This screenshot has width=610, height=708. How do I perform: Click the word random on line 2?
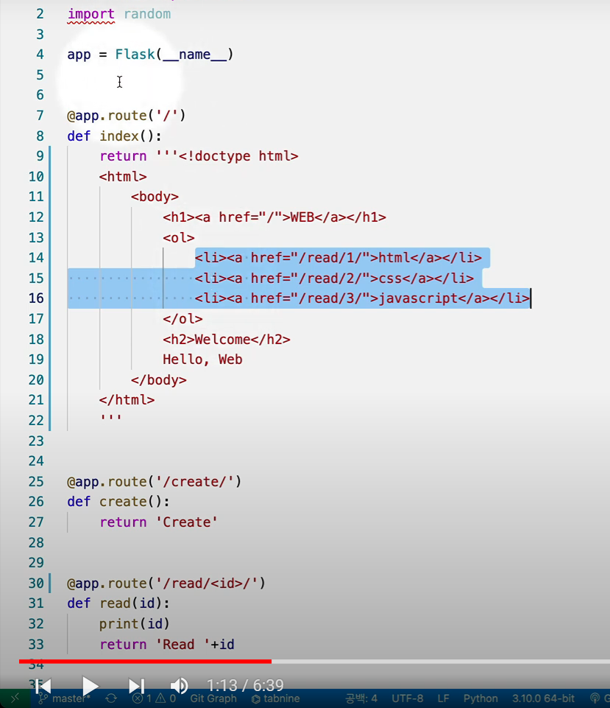tap(147, 14)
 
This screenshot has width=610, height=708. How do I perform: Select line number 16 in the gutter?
tap(36, 298)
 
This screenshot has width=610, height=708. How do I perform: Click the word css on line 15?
tap(390, 278)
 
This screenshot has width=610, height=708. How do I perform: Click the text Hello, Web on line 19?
tap(202, 360)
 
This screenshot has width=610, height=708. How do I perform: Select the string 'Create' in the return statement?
tap(187, 522)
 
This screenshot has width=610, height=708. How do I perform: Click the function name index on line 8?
tap(119, 136)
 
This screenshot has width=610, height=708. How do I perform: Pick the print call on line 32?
tap(115, 624)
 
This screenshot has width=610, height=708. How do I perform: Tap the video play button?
tap(90, 686)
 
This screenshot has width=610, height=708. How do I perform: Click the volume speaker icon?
tap(179, 686)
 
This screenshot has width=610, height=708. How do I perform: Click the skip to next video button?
tap(137, 686)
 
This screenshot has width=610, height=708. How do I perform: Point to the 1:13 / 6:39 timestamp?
tap(245, 686)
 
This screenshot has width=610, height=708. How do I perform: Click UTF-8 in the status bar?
tap(408, 698)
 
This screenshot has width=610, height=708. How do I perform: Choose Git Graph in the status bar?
tap(213, 698)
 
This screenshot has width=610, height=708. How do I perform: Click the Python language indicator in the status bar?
tap(480, 698)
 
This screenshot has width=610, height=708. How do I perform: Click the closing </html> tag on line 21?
tap(127, 400)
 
